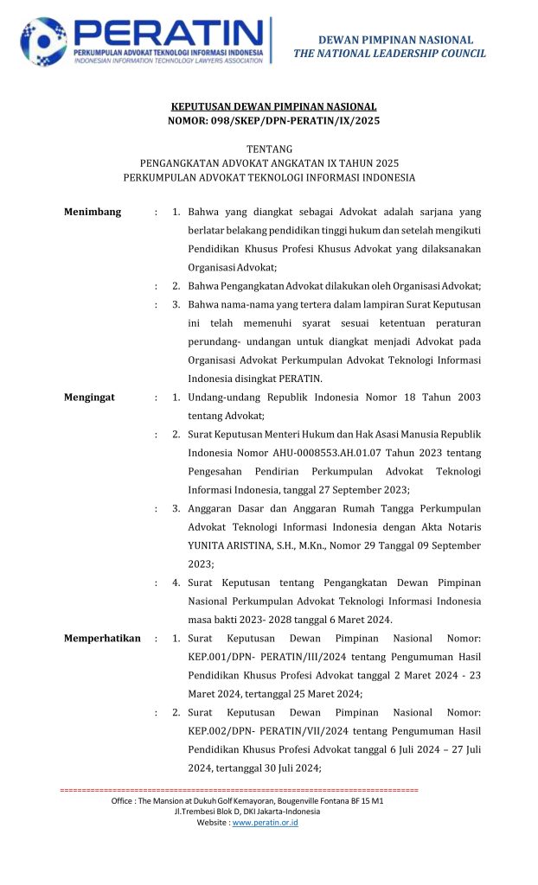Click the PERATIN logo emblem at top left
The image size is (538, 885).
click(x=43, y=41)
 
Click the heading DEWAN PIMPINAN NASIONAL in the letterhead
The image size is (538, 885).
click(x=395, y=40)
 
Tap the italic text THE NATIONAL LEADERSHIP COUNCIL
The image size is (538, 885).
click(x=389, y=54)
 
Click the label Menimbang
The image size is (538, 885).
click(x=93, y=212)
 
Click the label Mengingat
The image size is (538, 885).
click(x=90, y=398)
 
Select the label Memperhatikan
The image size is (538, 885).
click(x=102, y=639)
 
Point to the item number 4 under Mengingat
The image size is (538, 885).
click(x=176, y=583)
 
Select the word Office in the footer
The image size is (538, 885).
click(x=125, y=801)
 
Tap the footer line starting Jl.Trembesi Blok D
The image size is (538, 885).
click(x=247, y=812)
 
